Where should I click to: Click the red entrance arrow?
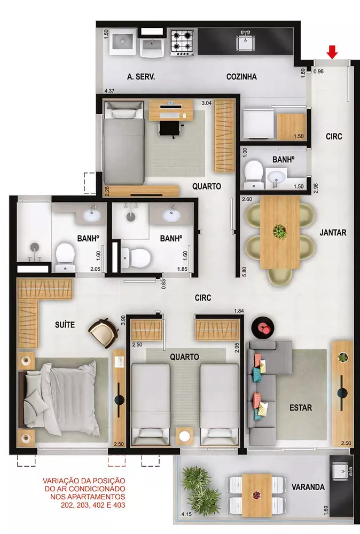coord(332,52)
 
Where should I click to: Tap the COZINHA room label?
coord(241,77)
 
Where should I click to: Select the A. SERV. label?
coord(141,77)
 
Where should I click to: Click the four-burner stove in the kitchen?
coord(182,43)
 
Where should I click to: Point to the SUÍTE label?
coord(65,324)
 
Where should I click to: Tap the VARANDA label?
coord(308,487)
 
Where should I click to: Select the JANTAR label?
coord(333,233)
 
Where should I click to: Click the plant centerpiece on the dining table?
coord(279,232)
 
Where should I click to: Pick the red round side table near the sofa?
coord(264,325)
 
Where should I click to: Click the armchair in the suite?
coord(104,332)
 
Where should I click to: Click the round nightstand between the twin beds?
coord(185,435)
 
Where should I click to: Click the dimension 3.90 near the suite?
coord(123,321)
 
